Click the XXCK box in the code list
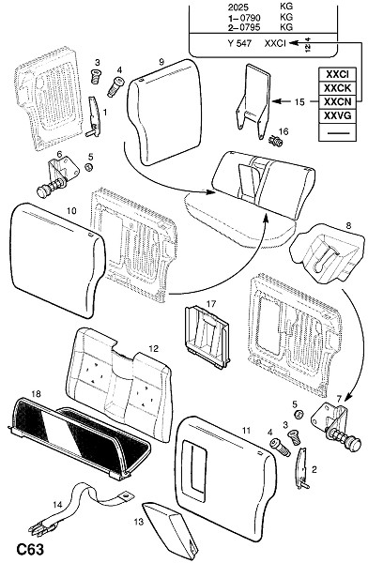[337, 88]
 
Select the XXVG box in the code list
[337, 116]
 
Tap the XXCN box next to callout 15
[337, 102]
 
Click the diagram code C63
[30, 549]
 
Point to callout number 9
[161, 62]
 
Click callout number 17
[211, 304]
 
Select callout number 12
[153, 349]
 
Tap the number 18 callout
[37, 394]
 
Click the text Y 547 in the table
[239, 43]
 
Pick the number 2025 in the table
[238, 7]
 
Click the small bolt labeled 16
[276, 140]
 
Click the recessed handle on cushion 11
[194, 470]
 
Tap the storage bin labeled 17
[207, 337]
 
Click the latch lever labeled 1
[94, 116]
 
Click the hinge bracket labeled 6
[57, 177]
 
